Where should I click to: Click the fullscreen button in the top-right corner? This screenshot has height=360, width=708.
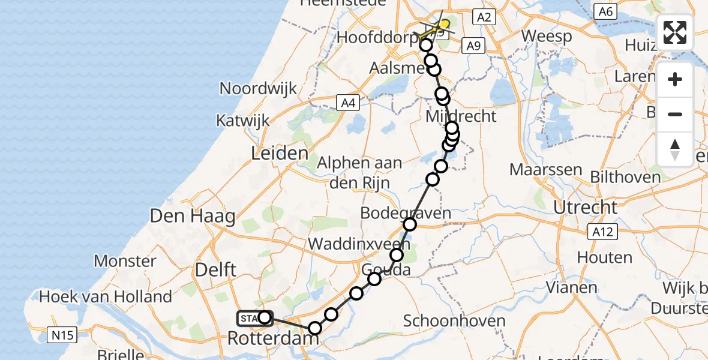click(675, 32)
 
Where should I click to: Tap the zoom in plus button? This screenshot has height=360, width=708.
click(675, 80)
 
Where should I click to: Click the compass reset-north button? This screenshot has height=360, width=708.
click(675, 149)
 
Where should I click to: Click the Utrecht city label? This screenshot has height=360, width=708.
click(585, 208)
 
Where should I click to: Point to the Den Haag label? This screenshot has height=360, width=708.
click(192, 216)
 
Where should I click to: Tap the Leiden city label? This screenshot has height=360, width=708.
click(280, 153)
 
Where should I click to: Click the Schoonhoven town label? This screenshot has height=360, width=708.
click(454, 320)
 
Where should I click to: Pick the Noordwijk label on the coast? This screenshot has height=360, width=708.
click(258, 89)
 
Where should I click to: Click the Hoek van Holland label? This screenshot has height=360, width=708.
click(106, 296)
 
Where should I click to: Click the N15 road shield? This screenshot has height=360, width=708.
click(62, 334)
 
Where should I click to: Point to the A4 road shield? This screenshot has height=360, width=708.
click(347, 103)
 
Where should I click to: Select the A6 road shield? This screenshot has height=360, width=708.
click(605, 11)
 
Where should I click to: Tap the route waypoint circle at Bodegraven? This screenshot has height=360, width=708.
click(410, 224)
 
